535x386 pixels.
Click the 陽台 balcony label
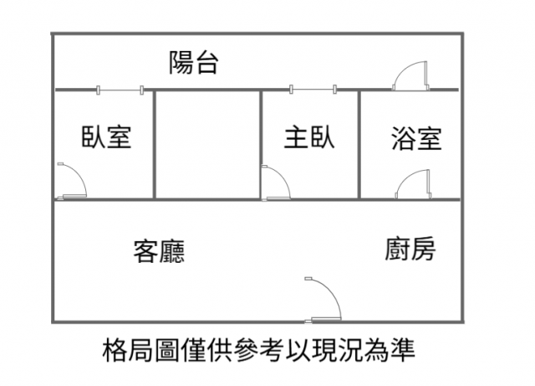point(194,63)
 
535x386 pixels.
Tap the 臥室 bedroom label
point(106,136)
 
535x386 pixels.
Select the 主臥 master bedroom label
point(309,137)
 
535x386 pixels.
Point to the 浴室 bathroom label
point(416,138)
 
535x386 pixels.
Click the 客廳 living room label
point(159,251)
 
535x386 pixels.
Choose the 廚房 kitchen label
point(410,249)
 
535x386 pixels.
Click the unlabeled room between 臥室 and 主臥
point(207,144)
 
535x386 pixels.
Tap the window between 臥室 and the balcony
point(120,90)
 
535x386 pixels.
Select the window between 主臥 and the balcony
point(313,90)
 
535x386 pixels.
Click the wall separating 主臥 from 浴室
point(359,144)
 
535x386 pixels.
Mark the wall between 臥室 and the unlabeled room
point(154,144)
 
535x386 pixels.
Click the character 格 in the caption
point(115,350)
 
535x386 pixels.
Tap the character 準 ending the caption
point(402,350)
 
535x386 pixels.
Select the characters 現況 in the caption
point(337,350)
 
